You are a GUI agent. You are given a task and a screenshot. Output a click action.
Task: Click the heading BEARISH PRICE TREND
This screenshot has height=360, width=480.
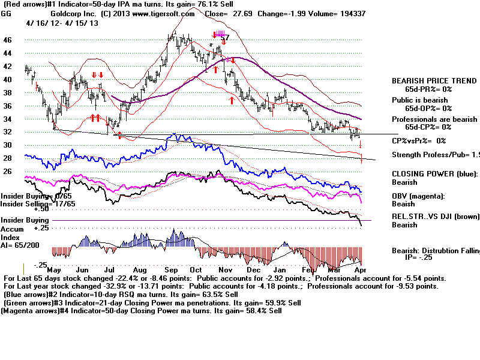[431, 81]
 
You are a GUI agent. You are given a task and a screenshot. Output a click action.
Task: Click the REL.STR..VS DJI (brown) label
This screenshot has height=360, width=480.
[436, 217]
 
